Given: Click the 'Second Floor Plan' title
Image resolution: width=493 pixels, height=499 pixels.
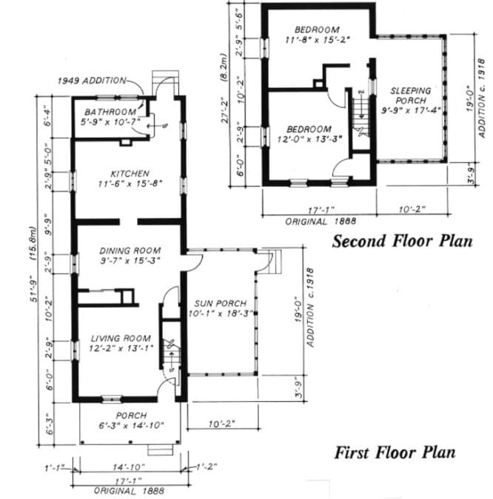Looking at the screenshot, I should point(402,241).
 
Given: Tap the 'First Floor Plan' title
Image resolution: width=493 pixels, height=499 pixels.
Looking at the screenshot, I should point(395,452).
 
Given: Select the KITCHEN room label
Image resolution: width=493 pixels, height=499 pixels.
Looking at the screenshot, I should point(130,174).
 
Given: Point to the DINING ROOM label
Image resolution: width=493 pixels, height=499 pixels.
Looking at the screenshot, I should point(130,251).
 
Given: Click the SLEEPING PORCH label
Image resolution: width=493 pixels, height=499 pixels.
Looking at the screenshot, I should point(410,94).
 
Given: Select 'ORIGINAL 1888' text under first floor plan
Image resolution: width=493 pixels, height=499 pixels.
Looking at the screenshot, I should point(128,490).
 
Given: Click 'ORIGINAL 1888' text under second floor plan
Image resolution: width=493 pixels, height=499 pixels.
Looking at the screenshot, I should point(321,221).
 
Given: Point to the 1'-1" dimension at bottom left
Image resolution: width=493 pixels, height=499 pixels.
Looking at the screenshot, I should point(53,467).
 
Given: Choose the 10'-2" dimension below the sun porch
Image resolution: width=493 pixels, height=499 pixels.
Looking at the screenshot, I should point(222,423).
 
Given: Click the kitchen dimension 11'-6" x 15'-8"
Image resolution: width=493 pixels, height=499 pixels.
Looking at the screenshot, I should point(130,183).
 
